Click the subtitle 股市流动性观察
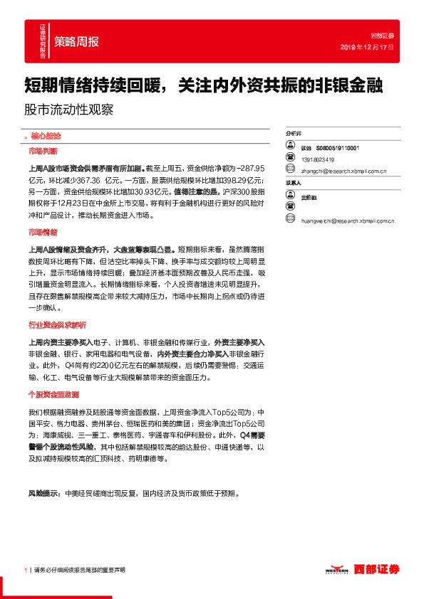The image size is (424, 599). [68, 111]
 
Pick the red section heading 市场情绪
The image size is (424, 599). [43, 233]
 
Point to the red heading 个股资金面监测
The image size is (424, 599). [53, 394]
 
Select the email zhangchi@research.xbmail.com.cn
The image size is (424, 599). [343, 171]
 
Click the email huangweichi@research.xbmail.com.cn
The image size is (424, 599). [348, 221]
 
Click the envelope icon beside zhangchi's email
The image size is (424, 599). [290, 170]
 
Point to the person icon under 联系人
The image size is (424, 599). [290, 196]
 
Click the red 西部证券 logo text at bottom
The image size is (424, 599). [378, 569]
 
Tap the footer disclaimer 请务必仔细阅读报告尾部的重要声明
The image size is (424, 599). [79, 570]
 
